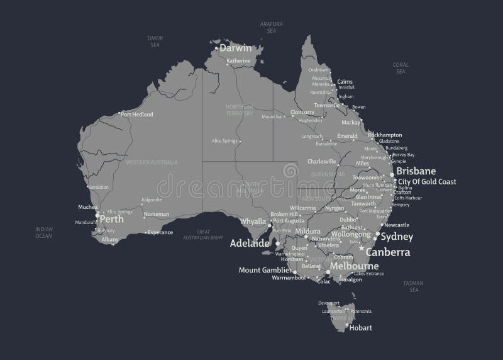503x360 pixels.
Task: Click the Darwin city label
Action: (x=235, y=48)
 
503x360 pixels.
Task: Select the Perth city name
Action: (x=112, y=221)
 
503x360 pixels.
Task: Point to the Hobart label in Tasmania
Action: (x=361, y=327)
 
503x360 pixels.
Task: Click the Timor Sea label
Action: (x=155, y=42)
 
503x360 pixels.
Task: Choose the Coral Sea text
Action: (x=401, y=68)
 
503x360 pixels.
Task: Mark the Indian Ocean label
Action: (x=43, y=233)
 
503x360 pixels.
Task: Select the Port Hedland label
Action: (x=137, y=114)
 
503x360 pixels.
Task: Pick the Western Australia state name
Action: (x=152, y=162)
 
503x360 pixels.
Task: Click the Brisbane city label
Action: (x=416, y=171)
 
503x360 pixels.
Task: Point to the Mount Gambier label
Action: (x=264, y=270)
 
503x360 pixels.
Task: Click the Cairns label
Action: (x=345, y=81)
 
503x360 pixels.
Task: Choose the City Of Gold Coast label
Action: (x=427, y=181)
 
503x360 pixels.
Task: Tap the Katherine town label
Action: (x=238, y=60)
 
